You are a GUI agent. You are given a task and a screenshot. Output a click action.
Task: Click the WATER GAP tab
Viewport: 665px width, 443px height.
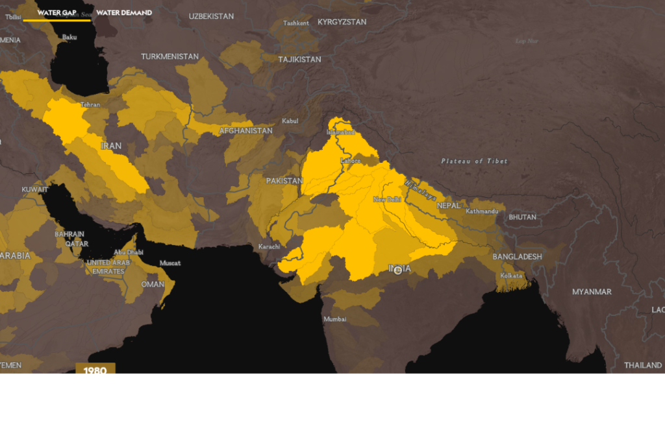tap(56, 12)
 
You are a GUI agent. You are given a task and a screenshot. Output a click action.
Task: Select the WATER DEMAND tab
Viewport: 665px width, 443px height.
tap(124, 12)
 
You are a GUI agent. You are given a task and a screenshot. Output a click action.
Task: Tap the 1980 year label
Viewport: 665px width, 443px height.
tap(95, 370)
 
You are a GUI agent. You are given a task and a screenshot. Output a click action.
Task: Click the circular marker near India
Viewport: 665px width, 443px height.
tap(398, 270)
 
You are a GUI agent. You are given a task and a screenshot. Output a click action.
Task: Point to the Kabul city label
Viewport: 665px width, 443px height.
tap(290, 121)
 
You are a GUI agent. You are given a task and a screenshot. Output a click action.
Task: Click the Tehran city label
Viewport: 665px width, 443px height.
tap(90, 104)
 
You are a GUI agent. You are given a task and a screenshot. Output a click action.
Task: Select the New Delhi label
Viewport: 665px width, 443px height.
tap(387, 199)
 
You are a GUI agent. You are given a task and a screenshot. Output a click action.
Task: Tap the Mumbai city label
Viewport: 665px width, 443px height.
tap(335, 319)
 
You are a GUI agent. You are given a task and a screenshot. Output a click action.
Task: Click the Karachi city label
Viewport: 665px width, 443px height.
tap(269, 246)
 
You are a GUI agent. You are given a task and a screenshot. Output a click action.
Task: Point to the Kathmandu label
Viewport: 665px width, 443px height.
tap(482, 211)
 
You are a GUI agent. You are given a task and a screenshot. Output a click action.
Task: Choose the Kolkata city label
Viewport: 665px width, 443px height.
tap(511, 276)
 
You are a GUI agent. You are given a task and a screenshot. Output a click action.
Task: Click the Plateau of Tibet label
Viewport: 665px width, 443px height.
tap(474, 161)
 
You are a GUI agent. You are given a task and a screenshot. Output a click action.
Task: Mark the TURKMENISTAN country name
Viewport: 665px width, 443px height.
tap(169, 56)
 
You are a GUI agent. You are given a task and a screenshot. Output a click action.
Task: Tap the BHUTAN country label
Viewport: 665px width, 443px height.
tap(522, 217)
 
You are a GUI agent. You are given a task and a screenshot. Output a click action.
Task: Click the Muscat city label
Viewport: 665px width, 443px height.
tap(170, 263)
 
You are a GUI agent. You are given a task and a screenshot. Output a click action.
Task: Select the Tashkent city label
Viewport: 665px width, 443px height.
tap(296, 23)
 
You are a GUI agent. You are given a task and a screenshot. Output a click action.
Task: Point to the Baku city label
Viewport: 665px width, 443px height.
tap(69, 37)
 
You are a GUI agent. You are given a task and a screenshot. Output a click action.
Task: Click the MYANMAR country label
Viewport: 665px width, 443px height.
tap(592, 292)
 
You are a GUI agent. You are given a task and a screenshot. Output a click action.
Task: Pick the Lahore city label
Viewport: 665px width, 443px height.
tap(350, 160)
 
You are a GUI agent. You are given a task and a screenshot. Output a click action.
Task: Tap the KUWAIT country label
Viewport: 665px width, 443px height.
tap(34, 189)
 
